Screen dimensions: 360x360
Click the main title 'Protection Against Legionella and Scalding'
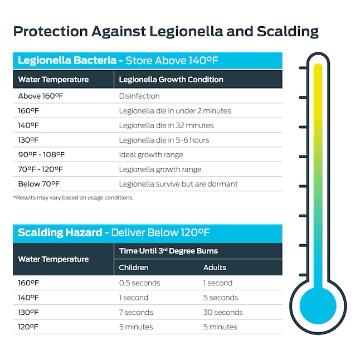(x=166, y=31)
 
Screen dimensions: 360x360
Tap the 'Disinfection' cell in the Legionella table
(x=139, y=96)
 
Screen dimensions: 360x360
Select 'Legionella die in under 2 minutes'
(x=174, y=110)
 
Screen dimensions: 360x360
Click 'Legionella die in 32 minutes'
(x=166, y=125)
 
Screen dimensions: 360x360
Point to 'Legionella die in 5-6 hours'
(x=164, y=140)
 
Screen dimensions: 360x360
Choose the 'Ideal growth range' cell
(x=150, y=154)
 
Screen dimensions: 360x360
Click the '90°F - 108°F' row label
(x=41, y=154)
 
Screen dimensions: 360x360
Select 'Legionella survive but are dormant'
(x=178, y=184)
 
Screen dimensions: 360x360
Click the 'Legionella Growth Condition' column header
(x=171, y=79)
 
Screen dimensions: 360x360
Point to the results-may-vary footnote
(x=73, y=197)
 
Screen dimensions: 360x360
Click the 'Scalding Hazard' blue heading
(x=60, y=232)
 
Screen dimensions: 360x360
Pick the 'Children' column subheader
(x=134, y=267)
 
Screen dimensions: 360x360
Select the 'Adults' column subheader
(x=215, y=267)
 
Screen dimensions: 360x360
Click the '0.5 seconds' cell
(x=139, y=283)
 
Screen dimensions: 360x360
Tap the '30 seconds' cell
(x=223, y=312)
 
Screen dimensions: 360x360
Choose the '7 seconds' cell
(x=136, y=312)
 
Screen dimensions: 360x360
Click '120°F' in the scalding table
(x=29, y=327)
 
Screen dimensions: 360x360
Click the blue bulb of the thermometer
(x=318, y=306)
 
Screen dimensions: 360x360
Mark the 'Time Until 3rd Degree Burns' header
(x=168, y=251)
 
